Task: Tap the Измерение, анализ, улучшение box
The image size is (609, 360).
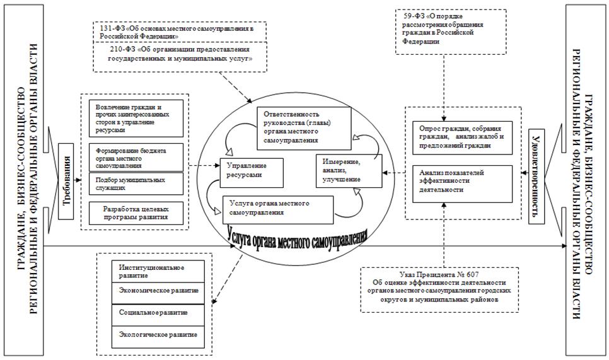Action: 348,170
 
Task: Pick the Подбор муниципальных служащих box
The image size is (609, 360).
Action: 134,183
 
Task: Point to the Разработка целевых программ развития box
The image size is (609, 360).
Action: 134,212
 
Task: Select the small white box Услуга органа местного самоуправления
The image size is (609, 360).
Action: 277,207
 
